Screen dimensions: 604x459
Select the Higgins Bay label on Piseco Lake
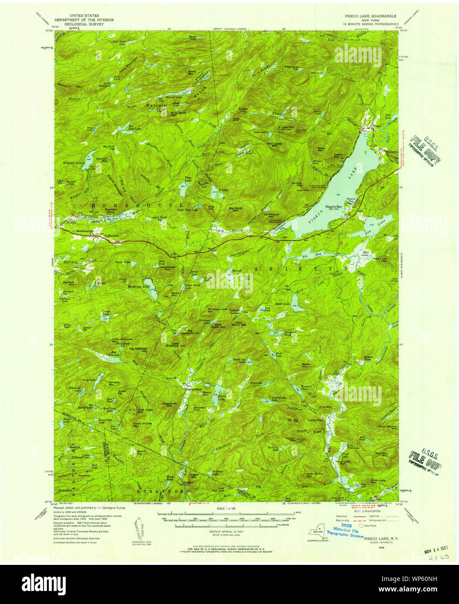(x=334, y=207)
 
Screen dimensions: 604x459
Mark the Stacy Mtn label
(x=322, y=149)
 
